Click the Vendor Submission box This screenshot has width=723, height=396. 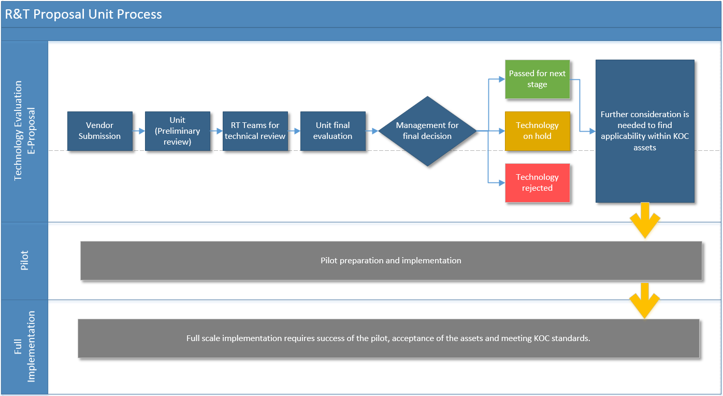(x=100, y=131)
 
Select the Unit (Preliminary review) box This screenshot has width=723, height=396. (x=178, y=131)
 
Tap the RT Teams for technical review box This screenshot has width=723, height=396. (x=255, y=131)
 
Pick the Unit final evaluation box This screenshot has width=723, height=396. (x=333, y=131)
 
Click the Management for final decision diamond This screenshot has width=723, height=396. (x=427, y=131)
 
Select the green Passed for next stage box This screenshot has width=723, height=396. (x=538, y=79)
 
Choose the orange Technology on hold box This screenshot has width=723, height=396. (x=538, y=131)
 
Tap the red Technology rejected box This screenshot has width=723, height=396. (x=538, y=183)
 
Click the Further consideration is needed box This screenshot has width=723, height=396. (x=645, y=131)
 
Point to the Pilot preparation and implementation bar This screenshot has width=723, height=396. (x=391, y=261)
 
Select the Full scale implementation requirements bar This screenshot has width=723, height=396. (x=388, y=338)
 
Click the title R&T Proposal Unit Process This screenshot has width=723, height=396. (x=83, y=14)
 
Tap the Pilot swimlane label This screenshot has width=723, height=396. (x=24, y=260)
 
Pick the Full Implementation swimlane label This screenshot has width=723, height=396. (x=24, y=347)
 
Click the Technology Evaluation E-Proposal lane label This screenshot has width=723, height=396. (x=24, y=131)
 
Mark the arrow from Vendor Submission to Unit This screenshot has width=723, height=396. (x=139, y=131)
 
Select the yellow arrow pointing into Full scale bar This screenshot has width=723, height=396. (x=645, y=301)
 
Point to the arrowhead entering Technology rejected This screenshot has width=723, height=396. (x=502, y=183)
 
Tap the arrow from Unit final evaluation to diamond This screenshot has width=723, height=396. (x=372, y=131)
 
